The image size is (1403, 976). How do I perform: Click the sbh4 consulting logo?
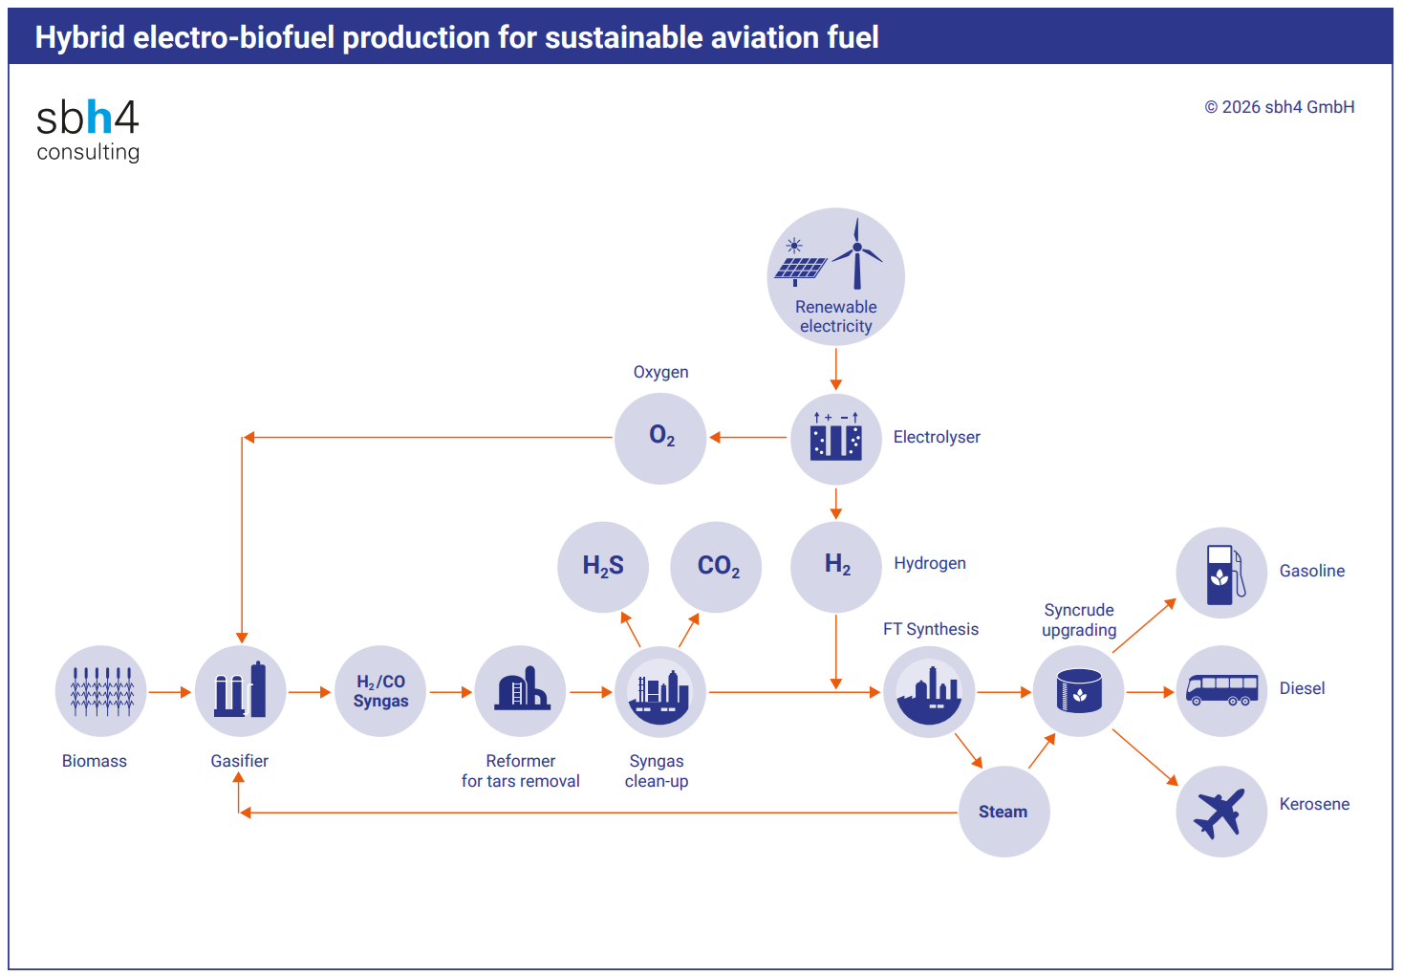pos(88,129)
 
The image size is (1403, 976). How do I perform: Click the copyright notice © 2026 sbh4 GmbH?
pos(1279,107)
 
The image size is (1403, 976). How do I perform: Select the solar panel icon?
pos(799,268)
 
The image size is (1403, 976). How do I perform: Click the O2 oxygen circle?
pos(660,438)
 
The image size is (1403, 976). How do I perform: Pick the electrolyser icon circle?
pos(836,439)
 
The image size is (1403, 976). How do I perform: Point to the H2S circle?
pos(603,567)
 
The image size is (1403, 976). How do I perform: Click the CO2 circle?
pos(717,567)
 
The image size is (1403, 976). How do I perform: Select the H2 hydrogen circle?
pos(836,566)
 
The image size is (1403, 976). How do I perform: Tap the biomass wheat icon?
pos(101,691)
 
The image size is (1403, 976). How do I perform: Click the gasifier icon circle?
pos(241,691)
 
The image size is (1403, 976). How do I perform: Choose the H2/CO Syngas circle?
pos(380,691)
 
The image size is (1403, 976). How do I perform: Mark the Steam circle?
pos(1004,812)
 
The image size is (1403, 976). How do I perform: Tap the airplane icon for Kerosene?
pos(1220,812)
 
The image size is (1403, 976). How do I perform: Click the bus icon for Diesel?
pos(1221,690)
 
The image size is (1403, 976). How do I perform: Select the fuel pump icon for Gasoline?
pos(1221,573)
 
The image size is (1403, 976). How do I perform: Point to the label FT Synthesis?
pos(930,629)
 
